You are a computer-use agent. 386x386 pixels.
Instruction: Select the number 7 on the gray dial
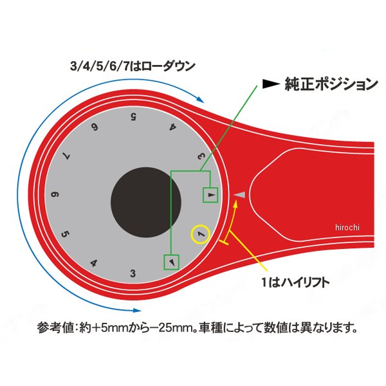point(67,155)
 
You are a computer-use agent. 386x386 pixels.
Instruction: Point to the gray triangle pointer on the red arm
point(240,194)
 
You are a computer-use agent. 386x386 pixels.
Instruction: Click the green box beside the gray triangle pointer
point(211,194)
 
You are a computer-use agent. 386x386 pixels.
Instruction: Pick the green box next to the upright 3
point(172,262)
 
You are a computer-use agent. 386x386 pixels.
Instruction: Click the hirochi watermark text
point(347,226)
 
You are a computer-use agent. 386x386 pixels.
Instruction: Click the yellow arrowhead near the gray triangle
point(236,205)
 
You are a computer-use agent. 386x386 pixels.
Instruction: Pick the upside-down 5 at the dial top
point(133,116)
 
